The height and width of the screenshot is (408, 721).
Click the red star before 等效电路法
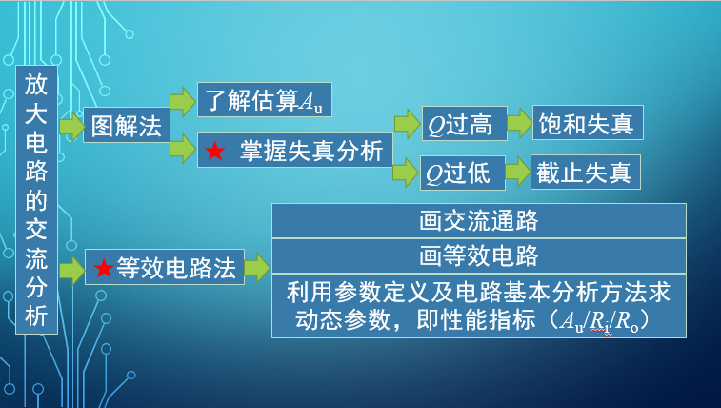[x=103, y=269]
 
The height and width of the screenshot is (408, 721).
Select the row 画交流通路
[x=479, y=220]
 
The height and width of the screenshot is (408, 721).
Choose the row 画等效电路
[x=479, y=255]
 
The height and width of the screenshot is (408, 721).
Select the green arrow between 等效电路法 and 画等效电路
[x=257, y=269]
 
